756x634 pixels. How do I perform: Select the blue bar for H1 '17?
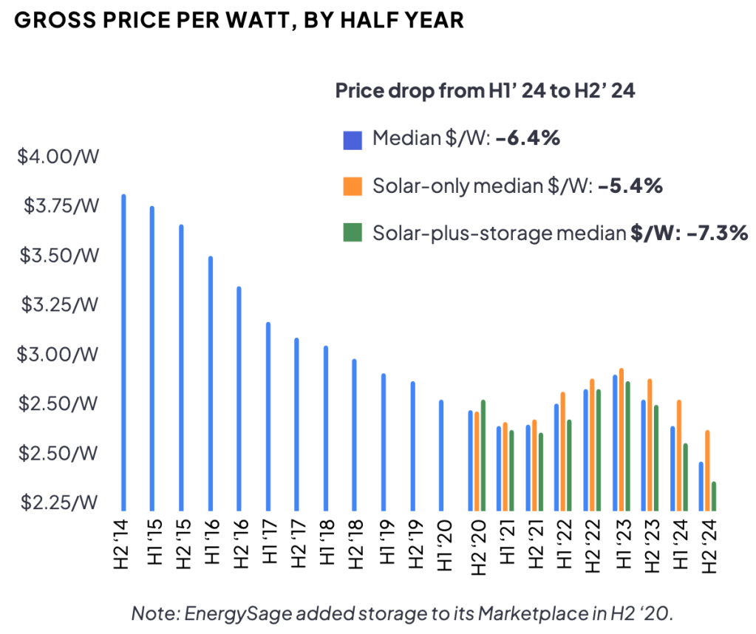coord(268,416)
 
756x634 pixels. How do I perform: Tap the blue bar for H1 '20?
coord(441,455)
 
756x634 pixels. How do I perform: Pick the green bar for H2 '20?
coord(483,455)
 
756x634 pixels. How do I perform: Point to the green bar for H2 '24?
coord(714,496)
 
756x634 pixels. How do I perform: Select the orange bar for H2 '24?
coord(707,470)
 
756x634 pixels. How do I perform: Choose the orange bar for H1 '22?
coord(563,451)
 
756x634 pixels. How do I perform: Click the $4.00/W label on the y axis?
coord(57,157)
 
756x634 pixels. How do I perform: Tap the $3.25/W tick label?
coord(57,304)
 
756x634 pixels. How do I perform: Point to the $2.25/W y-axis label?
coord(57,502)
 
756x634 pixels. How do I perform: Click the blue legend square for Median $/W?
coord(353,140)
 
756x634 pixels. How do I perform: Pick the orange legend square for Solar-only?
coord(353,187)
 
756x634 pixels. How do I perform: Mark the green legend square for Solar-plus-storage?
coord(353,234)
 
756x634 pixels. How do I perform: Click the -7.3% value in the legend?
coord(717,234)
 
